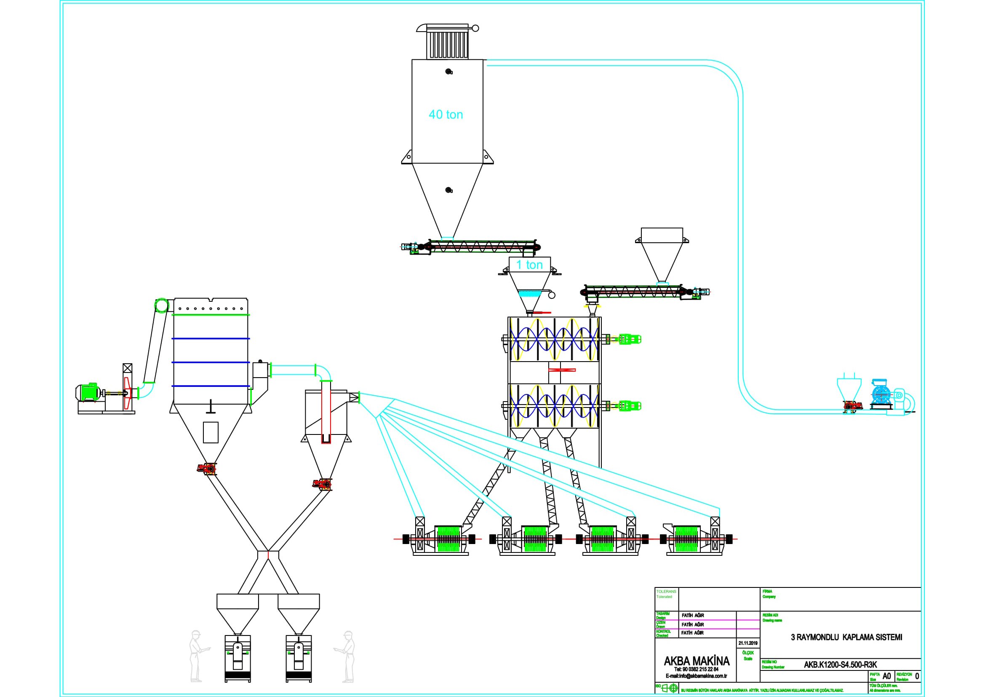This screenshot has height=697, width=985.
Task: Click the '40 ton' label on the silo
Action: (x=446, y=115)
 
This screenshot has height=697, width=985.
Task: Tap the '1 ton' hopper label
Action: (x=529, y=265)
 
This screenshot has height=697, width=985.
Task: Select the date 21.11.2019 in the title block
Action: (x=748, y=643)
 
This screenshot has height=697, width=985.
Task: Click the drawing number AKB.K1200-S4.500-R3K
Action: (x=840, y=665)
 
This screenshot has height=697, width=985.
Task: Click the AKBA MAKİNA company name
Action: (x=696, y=661)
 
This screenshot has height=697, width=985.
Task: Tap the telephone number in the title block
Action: (x=696, y=669)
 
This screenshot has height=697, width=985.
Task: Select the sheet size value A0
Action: (x=886, y=676)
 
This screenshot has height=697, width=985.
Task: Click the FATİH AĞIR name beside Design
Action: (x=692, y=615)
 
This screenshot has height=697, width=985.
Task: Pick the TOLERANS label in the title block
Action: (x=666, y=591)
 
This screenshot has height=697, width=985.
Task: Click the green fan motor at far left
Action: (x=88, y=392)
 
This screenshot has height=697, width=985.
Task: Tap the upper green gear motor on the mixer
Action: (x=629, y=339)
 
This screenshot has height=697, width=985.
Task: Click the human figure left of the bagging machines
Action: (x=197, y=656)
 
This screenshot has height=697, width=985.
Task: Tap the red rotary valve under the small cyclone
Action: (x=322, y=484)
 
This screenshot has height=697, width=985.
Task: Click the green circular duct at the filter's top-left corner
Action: (x=162, y=305)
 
